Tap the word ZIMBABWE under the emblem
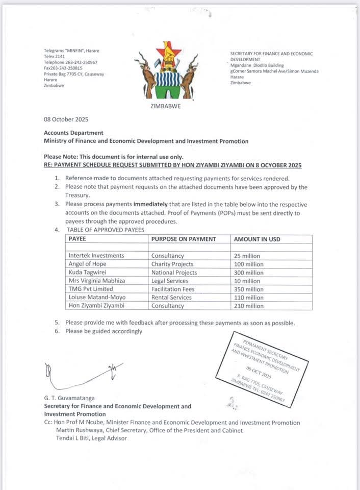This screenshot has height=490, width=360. click(x=166, y=106)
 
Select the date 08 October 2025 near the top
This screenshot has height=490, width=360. click(x=66, y=119)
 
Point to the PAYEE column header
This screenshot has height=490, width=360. click(x=78, y=239)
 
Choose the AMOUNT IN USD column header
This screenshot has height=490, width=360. click(x=257, y=239)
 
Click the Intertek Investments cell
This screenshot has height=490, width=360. click(x=96, y=256)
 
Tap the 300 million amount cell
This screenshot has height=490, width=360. click(x=249, y=273)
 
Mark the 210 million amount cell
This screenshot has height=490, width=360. click(x=249, y=306)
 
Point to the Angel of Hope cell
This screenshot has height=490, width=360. click(x=88, y=264)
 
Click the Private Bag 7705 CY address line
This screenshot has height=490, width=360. click(x=74, y=74)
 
